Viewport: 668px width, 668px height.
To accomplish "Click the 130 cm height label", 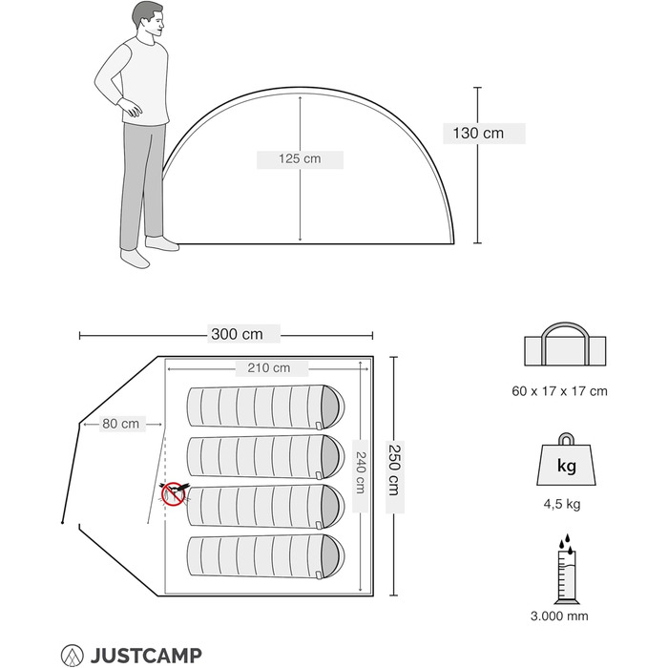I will (478, 134).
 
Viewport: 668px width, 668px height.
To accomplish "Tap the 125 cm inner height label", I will (300, 159).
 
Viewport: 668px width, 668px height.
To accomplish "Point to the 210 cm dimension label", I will (268, 368).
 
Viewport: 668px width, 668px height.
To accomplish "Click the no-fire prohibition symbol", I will (172, 493).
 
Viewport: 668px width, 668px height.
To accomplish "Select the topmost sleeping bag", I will (265, 407).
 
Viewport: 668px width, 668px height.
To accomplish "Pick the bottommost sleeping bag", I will (265, 554).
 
